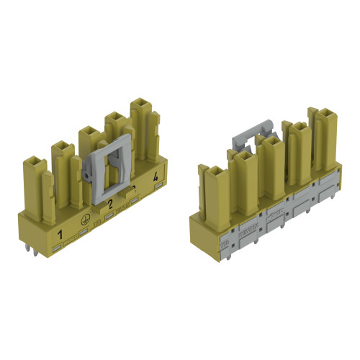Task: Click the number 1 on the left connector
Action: pos(60,235)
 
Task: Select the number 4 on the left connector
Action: pos(155,176)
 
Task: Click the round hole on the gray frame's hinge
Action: pos(85,176)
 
